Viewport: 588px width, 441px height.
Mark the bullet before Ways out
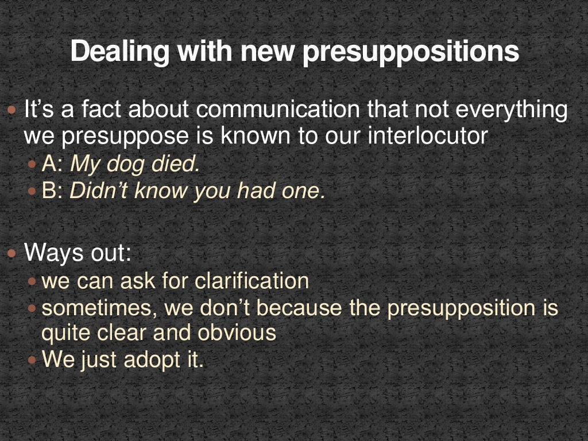click(13, 253)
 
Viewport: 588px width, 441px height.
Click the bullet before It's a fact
click(13, 110)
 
